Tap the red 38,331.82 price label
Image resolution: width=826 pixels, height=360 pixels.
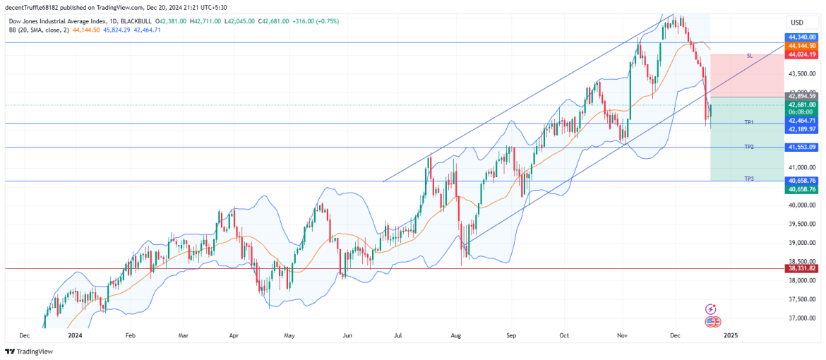point(802,268)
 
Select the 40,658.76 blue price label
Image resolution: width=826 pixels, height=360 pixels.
point(802,181)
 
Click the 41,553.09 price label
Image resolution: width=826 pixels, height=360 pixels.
point(802,147)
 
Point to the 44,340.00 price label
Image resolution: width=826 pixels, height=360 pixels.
point(802,37)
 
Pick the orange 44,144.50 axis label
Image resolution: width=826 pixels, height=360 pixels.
point(802,45)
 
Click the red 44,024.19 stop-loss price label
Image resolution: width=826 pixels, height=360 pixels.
point(802,54)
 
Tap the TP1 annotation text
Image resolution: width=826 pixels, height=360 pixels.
point(749,122)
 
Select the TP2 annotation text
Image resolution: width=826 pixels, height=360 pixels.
point(749,146)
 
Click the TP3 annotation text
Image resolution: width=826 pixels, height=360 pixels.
point(749,179)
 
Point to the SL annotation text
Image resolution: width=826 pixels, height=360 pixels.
point(749,55)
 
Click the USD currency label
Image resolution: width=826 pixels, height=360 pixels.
point(797,23)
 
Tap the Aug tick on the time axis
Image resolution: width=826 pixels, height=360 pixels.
point(455,335)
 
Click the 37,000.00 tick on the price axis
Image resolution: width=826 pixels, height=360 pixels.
point(802,318)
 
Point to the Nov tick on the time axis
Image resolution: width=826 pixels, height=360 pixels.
point(622,335)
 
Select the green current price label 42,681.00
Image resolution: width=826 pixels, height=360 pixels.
point(802,104)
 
